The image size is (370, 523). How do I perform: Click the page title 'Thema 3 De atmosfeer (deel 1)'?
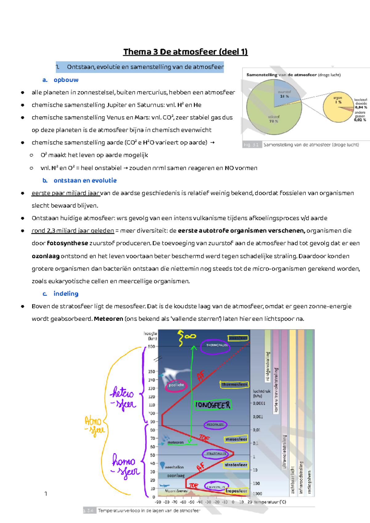(x=185, y=52)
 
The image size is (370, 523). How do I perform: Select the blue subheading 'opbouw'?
(x=66, y=80)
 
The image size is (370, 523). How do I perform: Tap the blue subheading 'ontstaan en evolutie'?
(x=85, y=180)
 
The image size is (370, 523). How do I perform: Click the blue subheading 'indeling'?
(x=66, y=294)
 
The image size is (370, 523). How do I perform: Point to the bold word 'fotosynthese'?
(x=67, y=243)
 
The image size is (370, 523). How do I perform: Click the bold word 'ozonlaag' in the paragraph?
(x=45, y=256)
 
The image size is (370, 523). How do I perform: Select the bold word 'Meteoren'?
(x=108, y=319)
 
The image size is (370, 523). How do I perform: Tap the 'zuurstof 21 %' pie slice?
(x=284, y=94)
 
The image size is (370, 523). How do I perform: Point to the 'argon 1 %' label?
(x=338, y=100)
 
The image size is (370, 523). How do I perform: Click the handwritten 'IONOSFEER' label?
(x=213, y=405)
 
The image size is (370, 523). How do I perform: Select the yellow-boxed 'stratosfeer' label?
(x=236, y=465)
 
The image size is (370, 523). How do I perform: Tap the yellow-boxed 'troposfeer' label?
(x=236, y=491)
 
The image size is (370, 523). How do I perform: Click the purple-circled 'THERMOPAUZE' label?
(x=217, y=345)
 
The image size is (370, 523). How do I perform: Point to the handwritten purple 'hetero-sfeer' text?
(x=123, y=398)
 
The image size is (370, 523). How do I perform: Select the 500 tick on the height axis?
(x=151, y=346)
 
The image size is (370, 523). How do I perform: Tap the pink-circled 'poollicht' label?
(x=176, y=385)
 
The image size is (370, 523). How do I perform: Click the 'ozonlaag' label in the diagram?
(x=175, y=476)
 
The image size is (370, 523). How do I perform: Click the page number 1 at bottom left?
(x=46, y=494)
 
